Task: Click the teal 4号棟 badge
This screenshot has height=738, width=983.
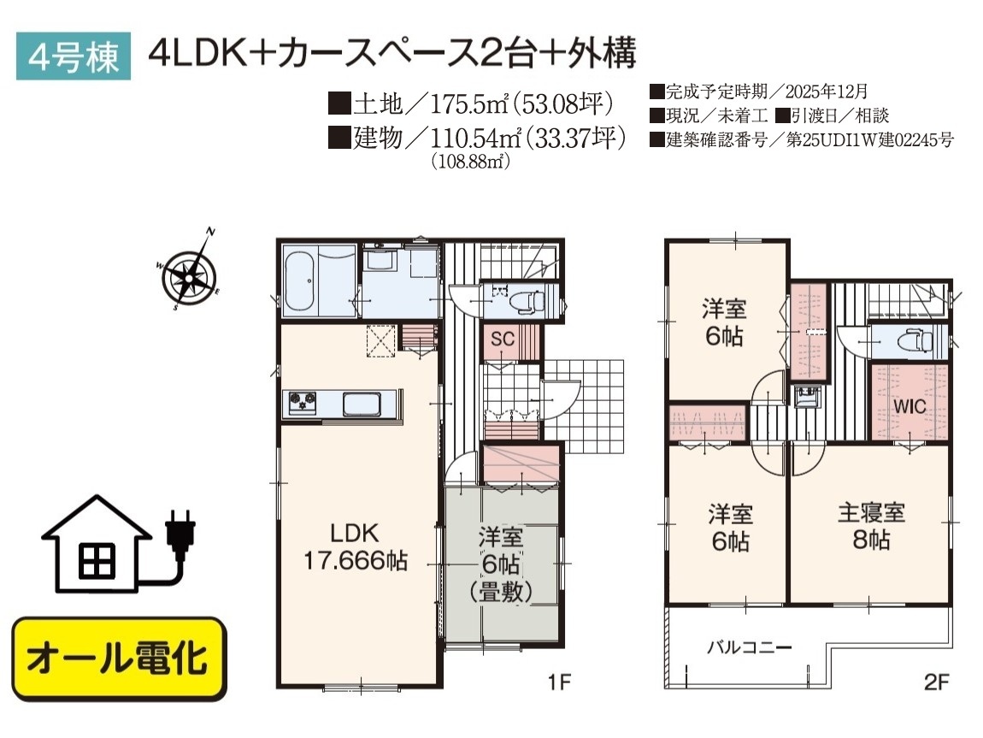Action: click(x=74, y=56)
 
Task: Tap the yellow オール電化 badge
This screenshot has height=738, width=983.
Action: click(x=119, y=658)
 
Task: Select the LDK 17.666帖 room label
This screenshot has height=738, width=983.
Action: click(x=356, y=546)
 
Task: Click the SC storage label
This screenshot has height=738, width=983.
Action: click(x=502, y=339)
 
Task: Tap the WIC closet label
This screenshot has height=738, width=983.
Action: click(x=909, y=406)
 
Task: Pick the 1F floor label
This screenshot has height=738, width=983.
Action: click(x=559, y=682)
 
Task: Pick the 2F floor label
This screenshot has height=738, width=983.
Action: click(x=937, y=682)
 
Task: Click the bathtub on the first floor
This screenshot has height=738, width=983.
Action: click(x=300, y=281)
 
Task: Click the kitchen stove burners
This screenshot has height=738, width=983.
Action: click(x=303, y=402)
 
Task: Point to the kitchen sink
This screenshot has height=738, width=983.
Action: click(x=362, y=404)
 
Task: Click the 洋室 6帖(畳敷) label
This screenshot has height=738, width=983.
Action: click(x=501, y=564)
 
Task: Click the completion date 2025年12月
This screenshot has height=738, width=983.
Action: click(x=827, y=92)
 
